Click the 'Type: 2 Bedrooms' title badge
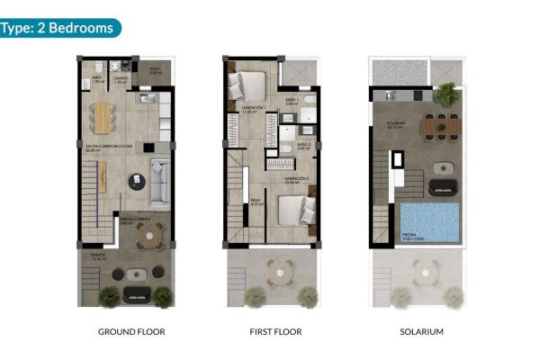58,28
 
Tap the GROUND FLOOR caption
131,332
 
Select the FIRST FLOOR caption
275,332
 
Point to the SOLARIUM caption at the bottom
421,332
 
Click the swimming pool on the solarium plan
430,222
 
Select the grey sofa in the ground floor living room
158,183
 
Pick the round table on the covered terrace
147,234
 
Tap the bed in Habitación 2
293,211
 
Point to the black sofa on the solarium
442,186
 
